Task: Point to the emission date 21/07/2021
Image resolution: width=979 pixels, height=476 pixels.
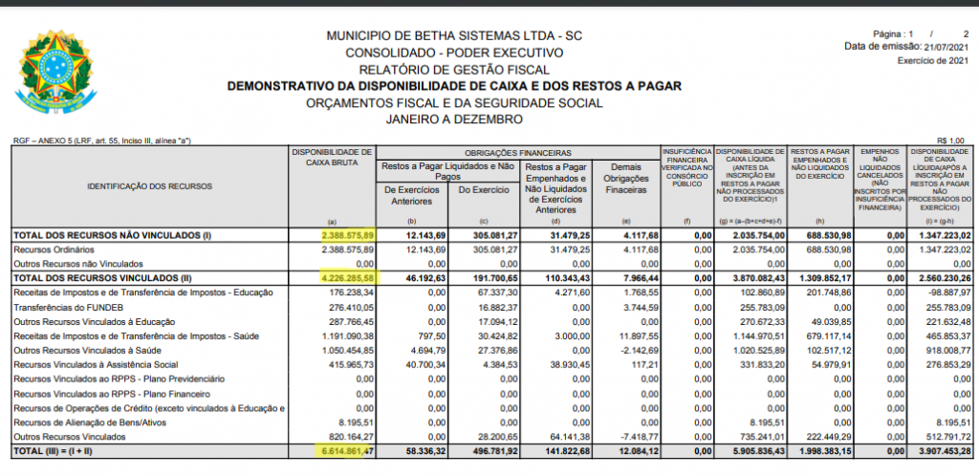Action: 950,46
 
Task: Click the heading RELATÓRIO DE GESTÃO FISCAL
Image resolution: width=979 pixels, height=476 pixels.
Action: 454,69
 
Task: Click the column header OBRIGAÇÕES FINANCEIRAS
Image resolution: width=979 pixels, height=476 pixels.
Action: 518,153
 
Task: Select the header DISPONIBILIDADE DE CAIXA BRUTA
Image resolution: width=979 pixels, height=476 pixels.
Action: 332,158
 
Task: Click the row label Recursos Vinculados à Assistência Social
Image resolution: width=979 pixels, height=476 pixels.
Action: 95,365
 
